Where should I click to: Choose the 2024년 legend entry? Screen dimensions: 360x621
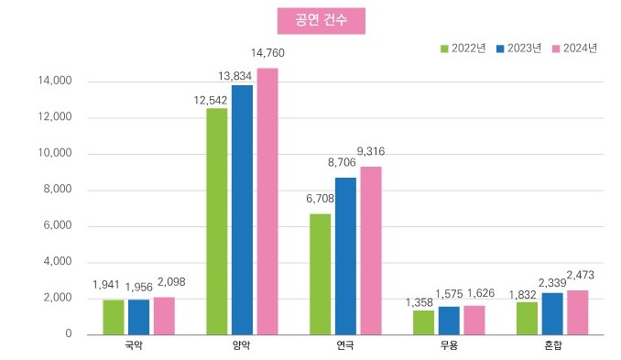click(574, 48)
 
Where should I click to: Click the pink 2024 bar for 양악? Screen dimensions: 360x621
click(267, 202)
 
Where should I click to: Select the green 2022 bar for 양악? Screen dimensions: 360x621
click(217, 221)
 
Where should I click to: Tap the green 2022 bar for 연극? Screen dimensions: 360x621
click(321, 274)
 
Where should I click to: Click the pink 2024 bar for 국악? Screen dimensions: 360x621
click(164, 315)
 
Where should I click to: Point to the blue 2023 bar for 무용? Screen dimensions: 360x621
click(449, 320)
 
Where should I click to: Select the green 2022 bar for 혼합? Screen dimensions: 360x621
click(527, 318)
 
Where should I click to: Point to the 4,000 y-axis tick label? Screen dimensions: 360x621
click(57, 262)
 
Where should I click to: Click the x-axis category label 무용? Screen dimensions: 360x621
click(449, 347)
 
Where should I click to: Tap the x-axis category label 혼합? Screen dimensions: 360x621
click(552, 347)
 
